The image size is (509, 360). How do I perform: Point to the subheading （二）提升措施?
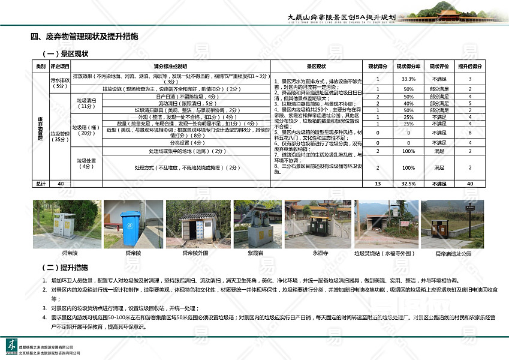65,267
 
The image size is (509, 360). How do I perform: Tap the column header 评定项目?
60,66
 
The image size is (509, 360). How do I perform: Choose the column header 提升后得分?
470,66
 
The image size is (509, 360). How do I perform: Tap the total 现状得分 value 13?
378,184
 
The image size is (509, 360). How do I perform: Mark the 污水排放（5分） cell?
60,83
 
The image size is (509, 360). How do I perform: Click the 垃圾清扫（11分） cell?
87,103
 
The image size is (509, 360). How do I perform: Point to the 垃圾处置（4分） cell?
87,163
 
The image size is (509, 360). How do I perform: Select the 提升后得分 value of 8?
470,132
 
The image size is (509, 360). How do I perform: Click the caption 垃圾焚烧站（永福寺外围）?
381,254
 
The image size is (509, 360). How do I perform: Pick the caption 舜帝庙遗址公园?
453,254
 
